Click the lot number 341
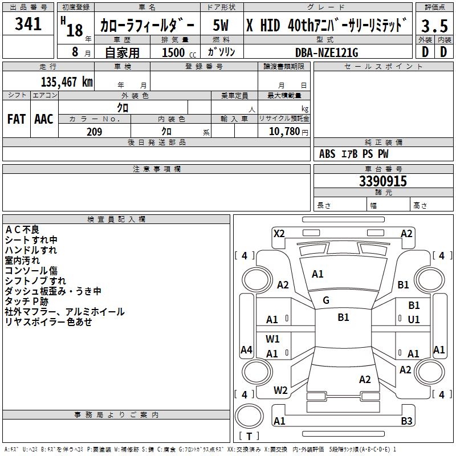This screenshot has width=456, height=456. pos(28,24)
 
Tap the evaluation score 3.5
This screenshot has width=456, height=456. pos(434,26)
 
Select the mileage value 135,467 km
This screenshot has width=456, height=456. pos(67,82)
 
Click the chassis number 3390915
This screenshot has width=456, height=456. pos(383,181)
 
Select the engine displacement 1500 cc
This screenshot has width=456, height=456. pos(177,52)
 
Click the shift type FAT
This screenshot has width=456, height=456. pos(16,119)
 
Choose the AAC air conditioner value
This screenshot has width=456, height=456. pos(44,119)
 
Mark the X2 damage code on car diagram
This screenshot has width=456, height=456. pos(279,233)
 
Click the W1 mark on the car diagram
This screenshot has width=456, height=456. pos(272,339)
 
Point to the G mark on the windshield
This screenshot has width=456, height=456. pos(326,300)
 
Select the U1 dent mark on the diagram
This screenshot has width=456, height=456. pos(414,320)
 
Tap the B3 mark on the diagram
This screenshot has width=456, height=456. pos(406,421)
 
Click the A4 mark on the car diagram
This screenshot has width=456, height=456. pos(246,350)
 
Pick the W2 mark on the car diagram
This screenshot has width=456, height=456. pos(280,390)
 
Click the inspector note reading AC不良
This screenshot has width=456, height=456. pos(22,230)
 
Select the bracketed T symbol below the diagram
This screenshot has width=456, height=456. pos(249,436)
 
